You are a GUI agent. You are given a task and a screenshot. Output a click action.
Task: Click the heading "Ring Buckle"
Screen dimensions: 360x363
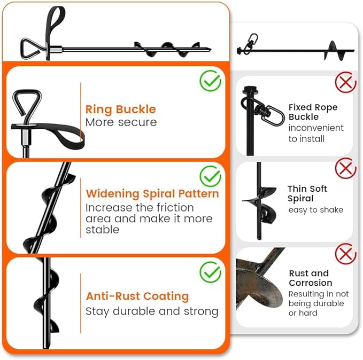120,109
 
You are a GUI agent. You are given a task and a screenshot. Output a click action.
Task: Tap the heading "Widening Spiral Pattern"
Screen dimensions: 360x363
152,193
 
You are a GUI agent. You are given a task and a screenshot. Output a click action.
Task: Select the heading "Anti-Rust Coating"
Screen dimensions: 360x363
137,296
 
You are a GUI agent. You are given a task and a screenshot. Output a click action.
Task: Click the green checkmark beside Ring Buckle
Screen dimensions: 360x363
210,81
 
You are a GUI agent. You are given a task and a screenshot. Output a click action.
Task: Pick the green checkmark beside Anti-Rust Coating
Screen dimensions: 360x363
210,272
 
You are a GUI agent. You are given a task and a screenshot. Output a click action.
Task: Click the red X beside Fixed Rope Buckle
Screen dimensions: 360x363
345,83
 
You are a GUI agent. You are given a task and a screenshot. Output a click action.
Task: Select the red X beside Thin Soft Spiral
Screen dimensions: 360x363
345,168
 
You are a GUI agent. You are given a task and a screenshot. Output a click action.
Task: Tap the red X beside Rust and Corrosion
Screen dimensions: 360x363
345,253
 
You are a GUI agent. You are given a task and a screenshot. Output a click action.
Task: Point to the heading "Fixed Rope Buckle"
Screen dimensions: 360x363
313,112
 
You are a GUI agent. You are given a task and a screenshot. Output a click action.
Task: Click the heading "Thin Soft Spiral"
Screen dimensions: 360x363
307,193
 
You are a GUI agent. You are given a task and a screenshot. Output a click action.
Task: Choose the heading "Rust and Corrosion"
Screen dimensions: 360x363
310,278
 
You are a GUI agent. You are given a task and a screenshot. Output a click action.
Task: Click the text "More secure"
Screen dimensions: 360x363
121,122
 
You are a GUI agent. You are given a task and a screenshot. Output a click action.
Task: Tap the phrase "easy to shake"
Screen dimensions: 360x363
315,210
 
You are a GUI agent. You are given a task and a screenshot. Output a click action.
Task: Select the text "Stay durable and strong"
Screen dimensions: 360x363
152,311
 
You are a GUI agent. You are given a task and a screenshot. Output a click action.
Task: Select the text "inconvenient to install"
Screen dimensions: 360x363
315,134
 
